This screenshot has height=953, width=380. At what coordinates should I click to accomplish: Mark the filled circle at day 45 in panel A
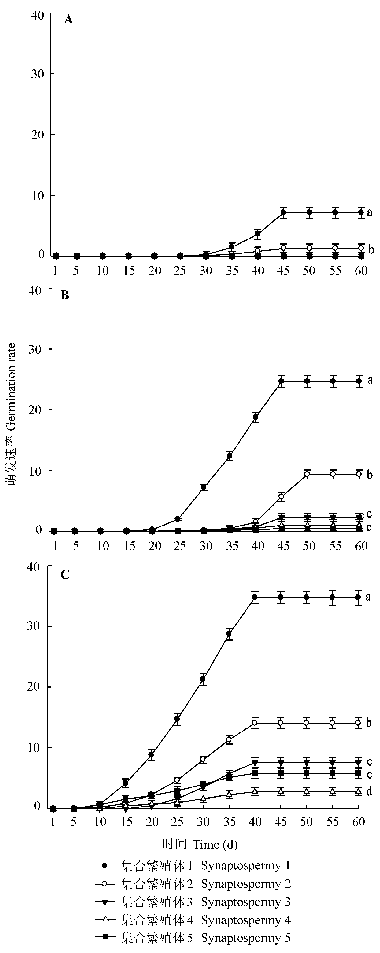[x=284, y=212]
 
